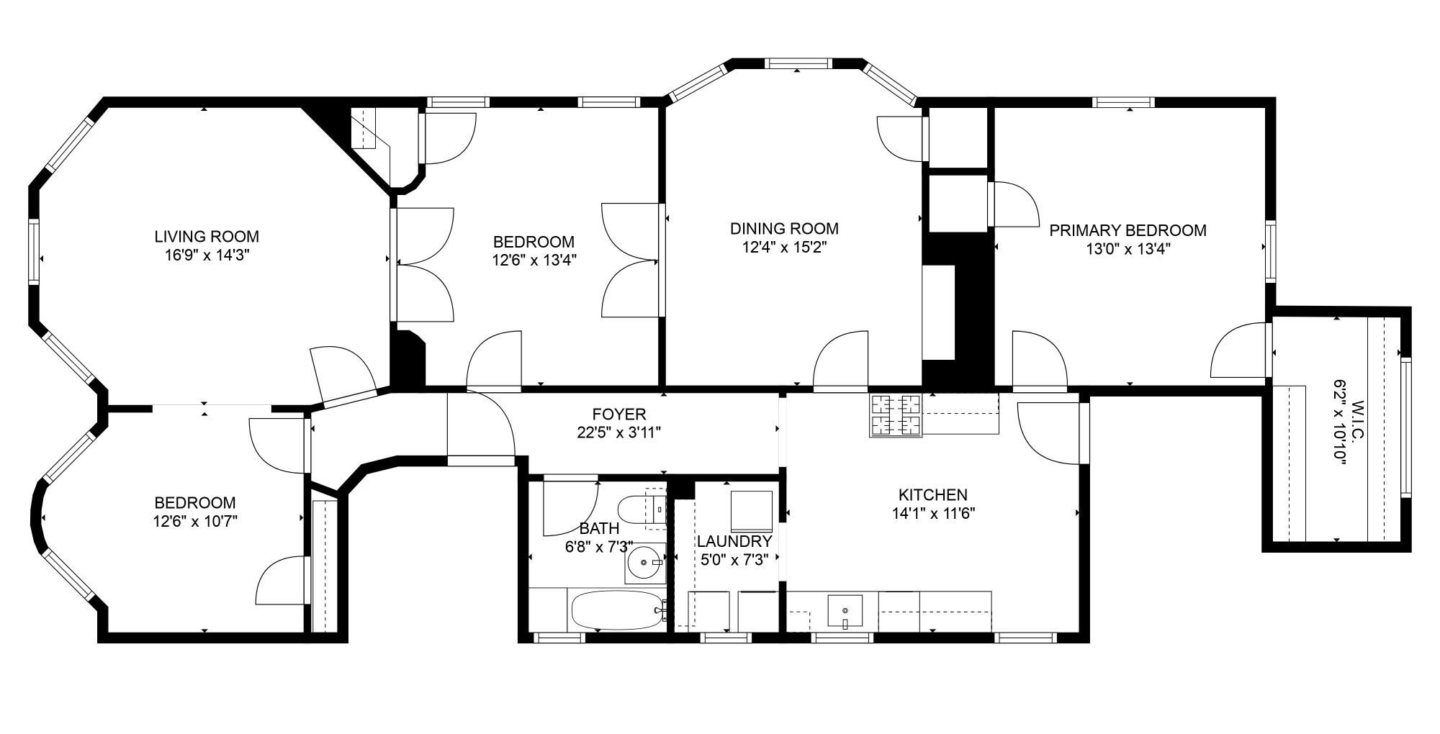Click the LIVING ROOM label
[207, 236]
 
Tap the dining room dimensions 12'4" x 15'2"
[784, 248]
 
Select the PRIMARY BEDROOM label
[1128, 230]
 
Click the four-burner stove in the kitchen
[896, 416]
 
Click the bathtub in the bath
[618, 610]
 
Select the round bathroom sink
[644, 562]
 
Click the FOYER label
[619, 414]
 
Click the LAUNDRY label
[734, 541]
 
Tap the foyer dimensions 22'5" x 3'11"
[619, 432]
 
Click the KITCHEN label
[932, 495]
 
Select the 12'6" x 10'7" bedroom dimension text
[195, 521]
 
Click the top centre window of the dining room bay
[799, 63]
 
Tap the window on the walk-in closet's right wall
[1406, 426]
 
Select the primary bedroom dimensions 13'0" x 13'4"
[1128, 249]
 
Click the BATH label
[599, 529]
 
